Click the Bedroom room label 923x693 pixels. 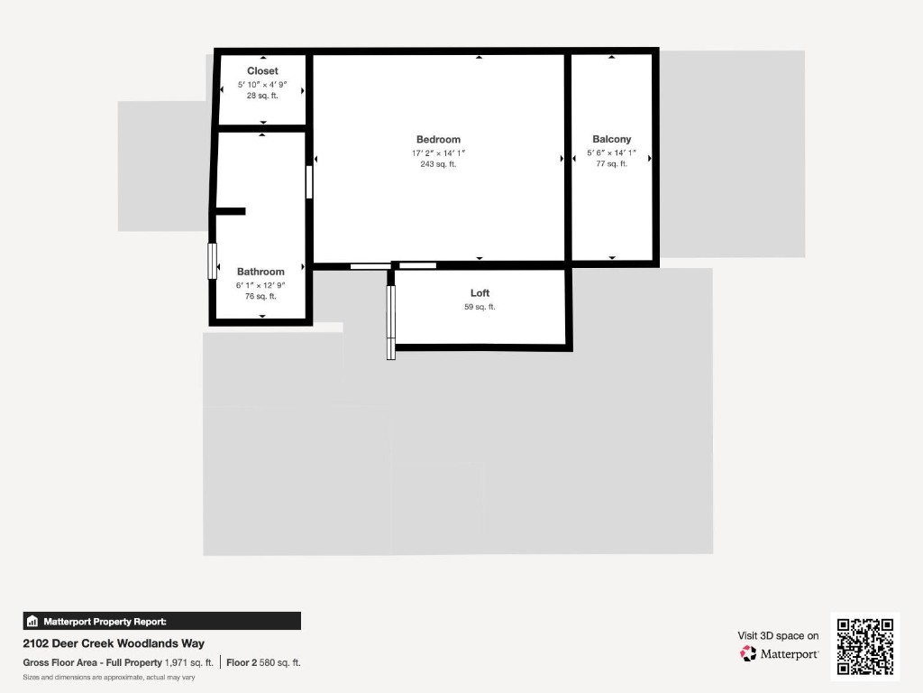click(438, 140)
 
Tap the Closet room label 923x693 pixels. click(262, 71)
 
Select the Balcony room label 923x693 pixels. click(612, 140)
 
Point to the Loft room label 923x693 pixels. click(480, 293)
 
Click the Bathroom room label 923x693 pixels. click(260, 272)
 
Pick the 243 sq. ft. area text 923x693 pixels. click(438, 164)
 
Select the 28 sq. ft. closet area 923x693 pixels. click(262, 96)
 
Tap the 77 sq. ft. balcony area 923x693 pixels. click(612, 164)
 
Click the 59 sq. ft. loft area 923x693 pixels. click(480, 307)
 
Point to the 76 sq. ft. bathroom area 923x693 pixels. click(260, 296)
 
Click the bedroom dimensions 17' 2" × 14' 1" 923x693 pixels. click(438, 152)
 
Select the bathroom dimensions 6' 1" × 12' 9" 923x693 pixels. click(260, 284)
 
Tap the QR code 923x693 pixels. click(865, 646)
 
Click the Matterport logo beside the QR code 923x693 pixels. click(780, 653)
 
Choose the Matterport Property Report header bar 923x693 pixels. click(162, 621)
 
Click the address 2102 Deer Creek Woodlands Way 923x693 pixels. click(114, 643)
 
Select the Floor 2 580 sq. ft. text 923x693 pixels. click(263, 662)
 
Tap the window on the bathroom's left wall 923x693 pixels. click(214, 262)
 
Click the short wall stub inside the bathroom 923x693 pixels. click(230, 211)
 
